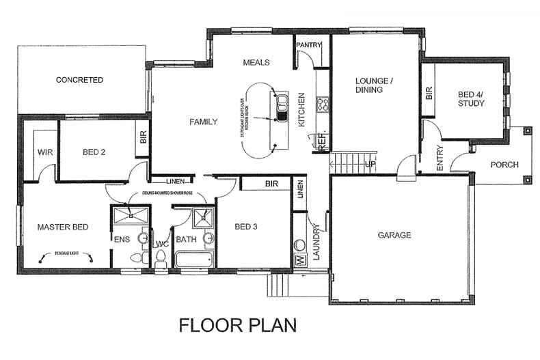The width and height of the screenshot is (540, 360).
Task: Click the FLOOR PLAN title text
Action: [237, 324]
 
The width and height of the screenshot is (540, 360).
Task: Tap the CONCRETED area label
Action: [79, 80]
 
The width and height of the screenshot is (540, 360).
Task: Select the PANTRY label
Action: [310, 46]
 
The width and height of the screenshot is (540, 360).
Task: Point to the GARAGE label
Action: [394, 235]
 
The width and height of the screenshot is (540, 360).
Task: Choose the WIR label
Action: [46, 152]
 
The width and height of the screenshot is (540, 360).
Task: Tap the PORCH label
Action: [504, 165]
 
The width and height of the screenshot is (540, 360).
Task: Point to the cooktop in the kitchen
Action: [323, 105]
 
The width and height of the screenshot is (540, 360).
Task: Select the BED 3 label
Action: [247, 227]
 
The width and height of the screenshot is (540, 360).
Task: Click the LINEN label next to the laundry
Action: [300, 189]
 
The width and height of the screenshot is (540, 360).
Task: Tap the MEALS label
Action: [257, 62]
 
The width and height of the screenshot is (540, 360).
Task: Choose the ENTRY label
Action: [440, 158]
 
